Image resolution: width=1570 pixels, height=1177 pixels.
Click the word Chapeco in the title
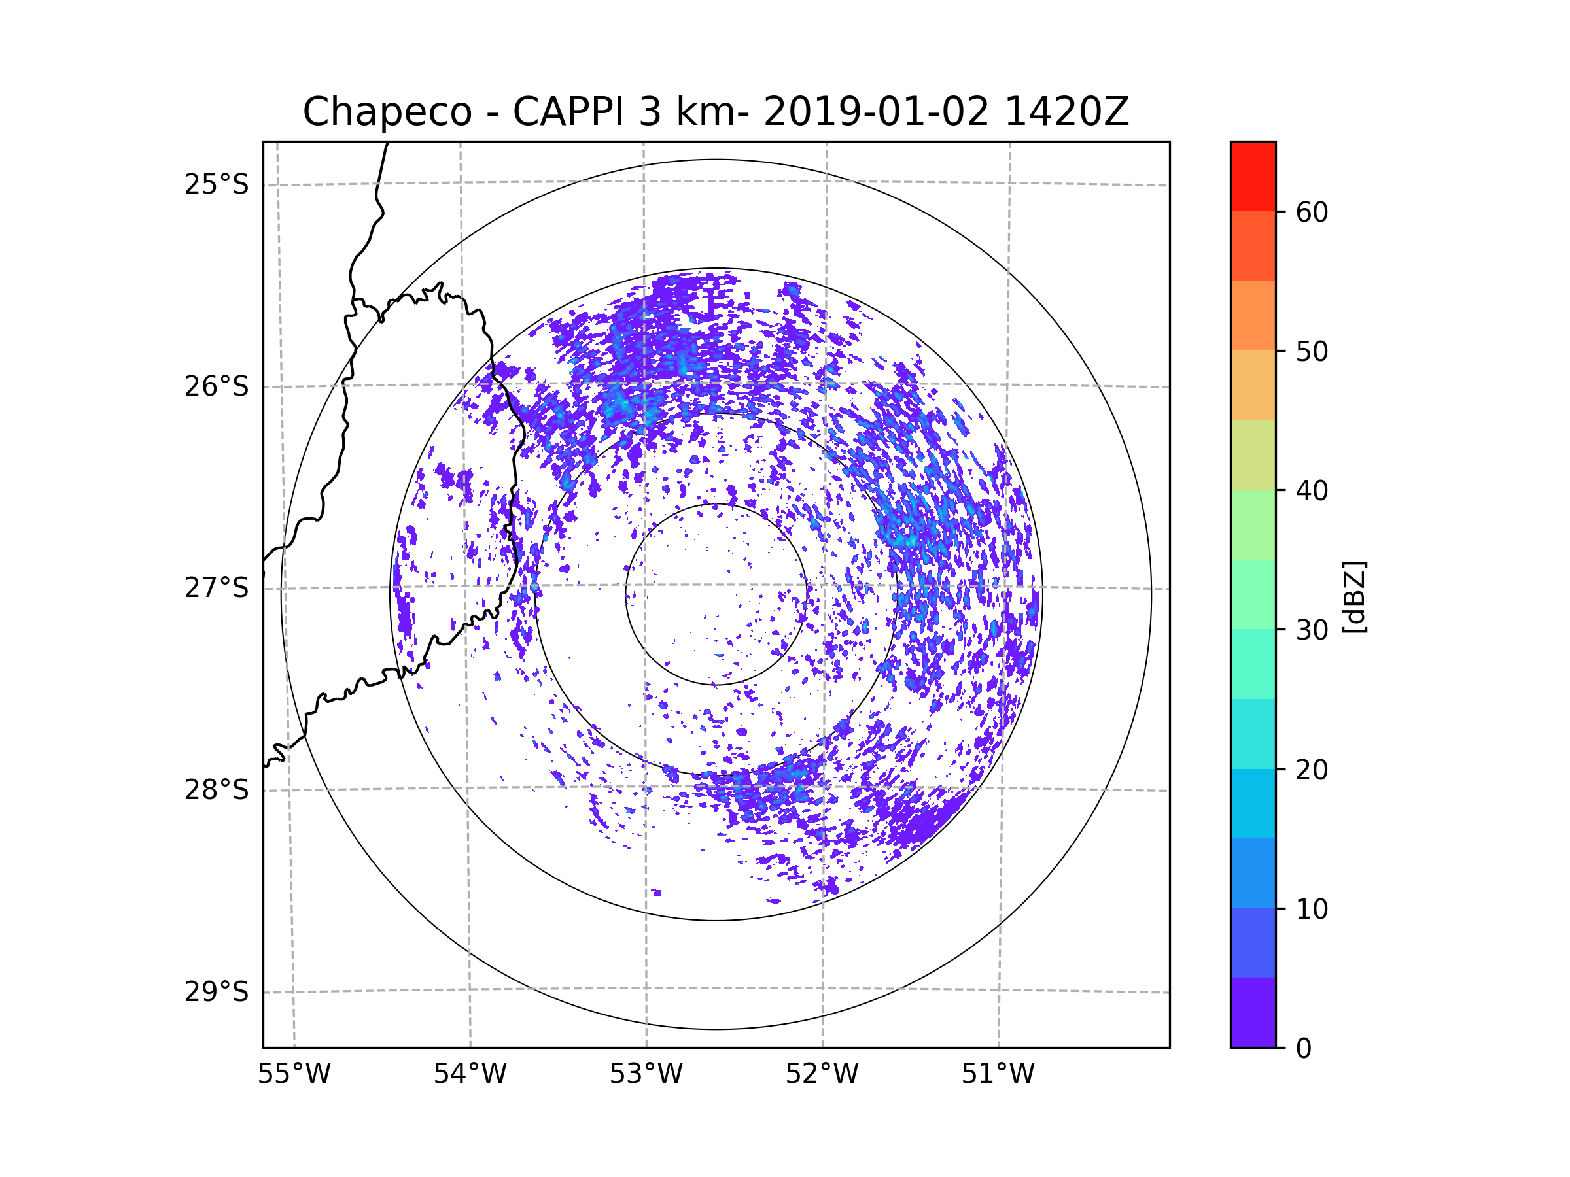[x=387, y=112]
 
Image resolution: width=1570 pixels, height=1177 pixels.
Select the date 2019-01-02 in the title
[x=876, y=112]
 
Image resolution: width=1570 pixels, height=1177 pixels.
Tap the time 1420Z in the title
[x=1066, y=112]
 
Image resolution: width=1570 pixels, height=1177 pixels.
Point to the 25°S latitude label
[x=217, y=184]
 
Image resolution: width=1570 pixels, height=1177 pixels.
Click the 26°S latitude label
[x=217, y=386]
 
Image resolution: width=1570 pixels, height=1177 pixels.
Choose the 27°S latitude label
[x=217, y=588]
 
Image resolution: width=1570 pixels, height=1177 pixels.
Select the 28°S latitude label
[x=217, y=790]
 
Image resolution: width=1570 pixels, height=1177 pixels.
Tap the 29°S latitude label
[x=217, y=992]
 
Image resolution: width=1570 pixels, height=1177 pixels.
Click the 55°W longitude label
[x=294, y=1074]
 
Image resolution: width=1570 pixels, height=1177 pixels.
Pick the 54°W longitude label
[x=470, y=1074]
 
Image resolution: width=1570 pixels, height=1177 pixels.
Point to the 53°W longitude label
[x=646, y=1074]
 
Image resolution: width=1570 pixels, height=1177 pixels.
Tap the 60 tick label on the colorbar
[x=1312, y=212]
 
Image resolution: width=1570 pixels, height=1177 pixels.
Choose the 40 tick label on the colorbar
[x=1312, y=491]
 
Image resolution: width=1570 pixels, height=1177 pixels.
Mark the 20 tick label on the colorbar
[x=1312, y=770]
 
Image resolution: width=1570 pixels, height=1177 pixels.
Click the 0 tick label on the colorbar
[x=1304, y=1049]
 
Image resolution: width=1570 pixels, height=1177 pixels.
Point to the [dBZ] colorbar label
[x=1353, y=596]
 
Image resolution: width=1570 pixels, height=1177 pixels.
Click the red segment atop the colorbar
[x=1253, y=176]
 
